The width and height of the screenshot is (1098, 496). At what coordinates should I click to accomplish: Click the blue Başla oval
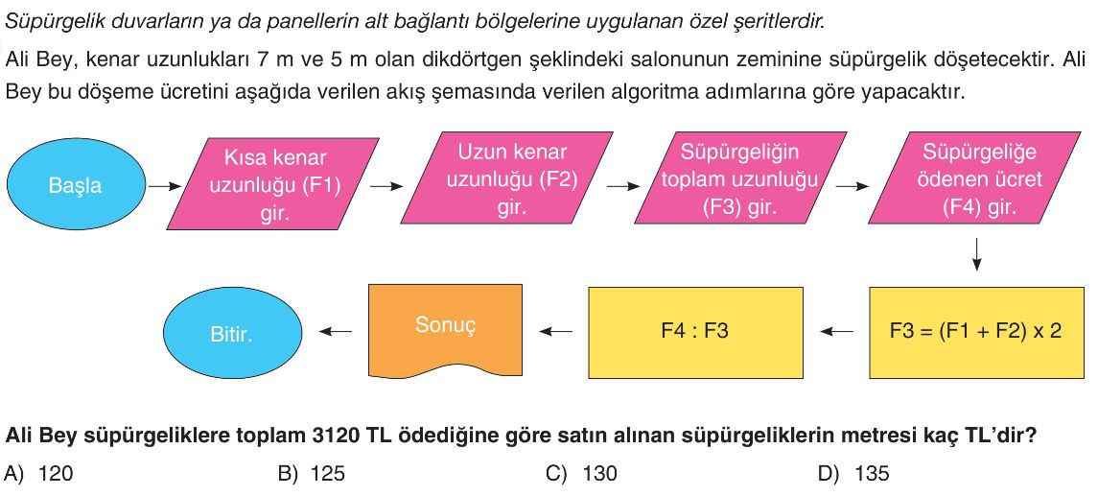(75, 185)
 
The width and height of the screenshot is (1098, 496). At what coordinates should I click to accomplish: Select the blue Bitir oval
(232, 334)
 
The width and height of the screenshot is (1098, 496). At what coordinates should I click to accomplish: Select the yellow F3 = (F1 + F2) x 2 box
(976, 332)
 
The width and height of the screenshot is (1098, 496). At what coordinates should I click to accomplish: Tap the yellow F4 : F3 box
(694, 332)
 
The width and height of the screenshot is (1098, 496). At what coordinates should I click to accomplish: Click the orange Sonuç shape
(445, 330)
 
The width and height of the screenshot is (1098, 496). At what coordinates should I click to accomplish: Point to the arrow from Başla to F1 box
(165, 186)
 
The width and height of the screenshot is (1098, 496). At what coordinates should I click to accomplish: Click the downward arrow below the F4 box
(977, 255)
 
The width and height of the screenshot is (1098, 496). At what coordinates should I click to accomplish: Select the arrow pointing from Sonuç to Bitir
(336, 332)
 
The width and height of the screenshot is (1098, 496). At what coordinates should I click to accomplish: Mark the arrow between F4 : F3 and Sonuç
(555, 332)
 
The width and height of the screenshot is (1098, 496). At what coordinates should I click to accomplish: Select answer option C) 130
(581, 474)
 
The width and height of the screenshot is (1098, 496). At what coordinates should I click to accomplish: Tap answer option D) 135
(853, 474)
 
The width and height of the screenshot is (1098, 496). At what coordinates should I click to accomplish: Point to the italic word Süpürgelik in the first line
(41, 22)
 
